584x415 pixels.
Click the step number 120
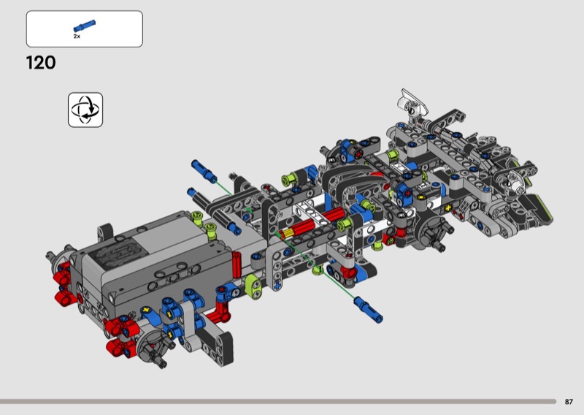(41, 63)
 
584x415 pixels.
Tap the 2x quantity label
(77, 37)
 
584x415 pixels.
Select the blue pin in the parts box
(85, 26)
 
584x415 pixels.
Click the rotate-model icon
(85, 110)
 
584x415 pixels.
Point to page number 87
(569, 402)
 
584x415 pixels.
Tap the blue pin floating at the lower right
(369, 309)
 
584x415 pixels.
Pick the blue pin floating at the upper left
(204, 171)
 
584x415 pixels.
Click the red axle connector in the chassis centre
(314, 224)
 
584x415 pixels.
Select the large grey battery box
(156, 261)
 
